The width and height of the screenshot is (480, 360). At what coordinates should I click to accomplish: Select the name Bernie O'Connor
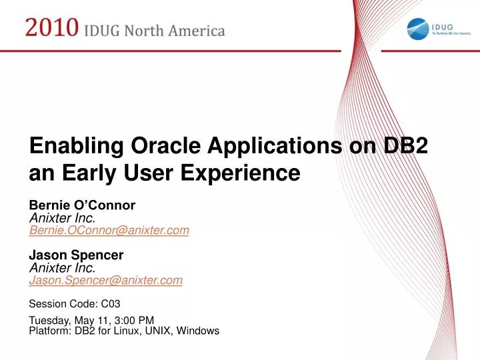(82, 205)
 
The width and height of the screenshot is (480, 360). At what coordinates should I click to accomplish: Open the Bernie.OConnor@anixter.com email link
(109, 230)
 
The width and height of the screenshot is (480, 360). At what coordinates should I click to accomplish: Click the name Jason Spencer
(76, 255)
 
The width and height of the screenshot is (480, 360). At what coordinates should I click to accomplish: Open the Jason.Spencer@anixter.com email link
(105, 281)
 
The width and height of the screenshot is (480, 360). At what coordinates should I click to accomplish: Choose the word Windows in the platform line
(198, 330)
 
